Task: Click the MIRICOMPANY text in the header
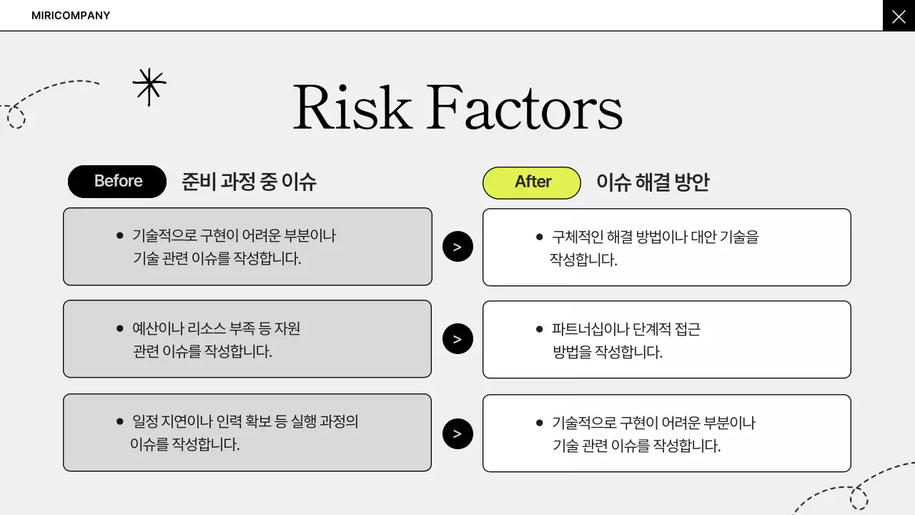(x=71, y=16)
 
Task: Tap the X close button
(x=899, y=16)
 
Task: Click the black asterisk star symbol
(x=149, y=87)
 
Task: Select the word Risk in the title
(x=352, y=108)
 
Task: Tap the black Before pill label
(x=117, y=182)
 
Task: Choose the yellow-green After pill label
(x=532, y=182)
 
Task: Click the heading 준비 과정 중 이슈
(x=249, y=182)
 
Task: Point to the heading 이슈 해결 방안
(x=653, y=182)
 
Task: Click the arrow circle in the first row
(x=457, y=247)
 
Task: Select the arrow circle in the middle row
(x=457, y=339)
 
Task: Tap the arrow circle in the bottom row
(x=457, y=433)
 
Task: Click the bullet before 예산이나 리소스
(x=119, y=328)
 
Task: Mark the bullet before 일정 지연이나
(x=119, y=421)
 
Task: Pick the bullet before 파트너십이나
(x=539, y=329)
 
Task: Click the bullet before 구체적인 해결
(x=539, y=236)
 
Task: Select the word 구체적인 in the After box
(x=576, y=237)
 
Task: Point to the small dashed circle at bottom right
(x=859, y=499)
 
